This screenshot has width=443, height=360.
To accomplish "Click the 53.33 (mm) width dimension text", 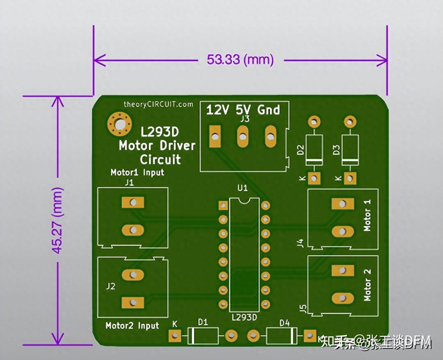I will pyautogui.click(x=240, y=60).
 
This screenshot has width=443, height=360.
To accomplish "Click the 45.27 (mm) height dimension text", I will pyautogui.click(x=57, y=220).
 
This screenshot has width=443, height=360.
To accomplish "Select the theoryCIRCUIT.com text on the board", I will pyautogui.click(x=158, y=104).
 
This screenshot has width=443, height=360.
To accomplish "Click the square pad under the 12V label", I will pyautogui.click(x=215, y=136).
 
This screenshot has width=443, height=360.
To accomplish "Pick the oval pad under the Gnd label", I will pyautogui.click(x=271, y=136).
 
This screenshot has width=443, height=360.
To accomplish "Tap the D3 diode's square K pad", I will pyautogui.click(x=350, y=178).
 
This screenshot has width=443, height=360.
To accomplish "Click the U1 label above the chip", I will pyautogui.click(x=242, y=188).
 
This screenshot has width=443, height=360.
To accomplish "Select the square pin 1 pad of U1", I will pyautogui.click(x=223, y=206).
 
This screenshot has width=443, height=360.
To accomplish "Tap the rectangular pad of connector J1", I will pyautogui.click(x=133, y=202).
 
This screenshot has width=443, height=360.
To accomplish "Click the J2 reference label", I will pyautogui.click(x=111, y=286).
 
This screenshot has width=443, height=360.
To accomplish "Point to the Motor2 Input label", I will pyautogui.click(x=132, y=326).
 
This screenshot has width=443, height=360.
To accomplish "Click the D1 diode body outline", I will pyautogui.click(x=203, y=336).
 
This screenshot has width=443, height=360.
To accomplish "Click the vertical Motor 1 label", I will pyautogui.click(x=367, y=215).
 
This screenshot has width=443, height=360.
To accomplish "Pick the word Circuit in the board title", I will pyautogui.click(x=160, y=159).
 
